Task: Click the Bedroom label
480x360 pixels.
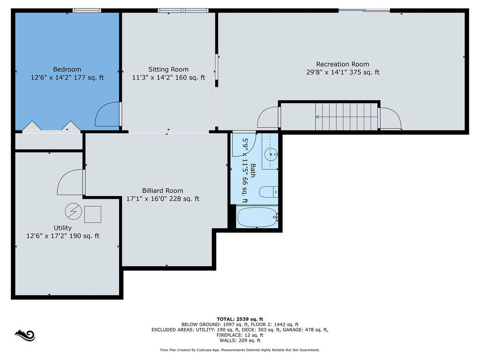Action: pyautogui.click(x=67, y=69)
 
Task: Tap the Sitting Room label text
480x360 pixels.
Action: pyautogui.click(x=168, y=69)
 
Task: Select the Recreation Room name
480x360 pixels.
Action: pyautogui.click(x=343, y=64)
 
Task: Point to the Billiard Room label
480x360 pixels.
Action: pyautogui.click(x=163, y=191)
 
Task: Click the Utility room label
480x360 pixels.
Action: pyautogui.click(x=63, y=228)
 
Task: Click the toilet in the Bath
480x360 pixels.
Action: pyautogui.click(x=268, y=192)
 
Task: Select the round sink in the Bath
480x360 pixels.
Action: pyautogui.click(x=271, y=154)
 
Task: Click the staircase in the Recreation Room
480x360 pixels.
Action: pyautogui.click(x=346, y=116)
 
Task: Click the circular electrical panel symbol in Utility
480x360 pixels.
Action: pyautogui.click(x=74, y=211)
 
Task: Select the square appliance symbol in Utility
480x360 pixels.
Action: pyautogui.click(x=93, y=214)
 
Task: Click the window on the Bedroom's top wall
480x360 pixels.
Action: pyautogui.click(x=87, y=11)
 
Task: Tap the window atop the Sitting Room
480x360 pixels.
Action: pyautogui.click(x=183, y=11)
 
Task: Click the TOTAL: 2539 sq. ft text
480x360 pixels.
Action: pyautogui.click(x=240, y=319)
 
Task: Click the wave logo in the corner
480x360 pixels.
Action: pyautogui.click(x=25, y=336)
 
